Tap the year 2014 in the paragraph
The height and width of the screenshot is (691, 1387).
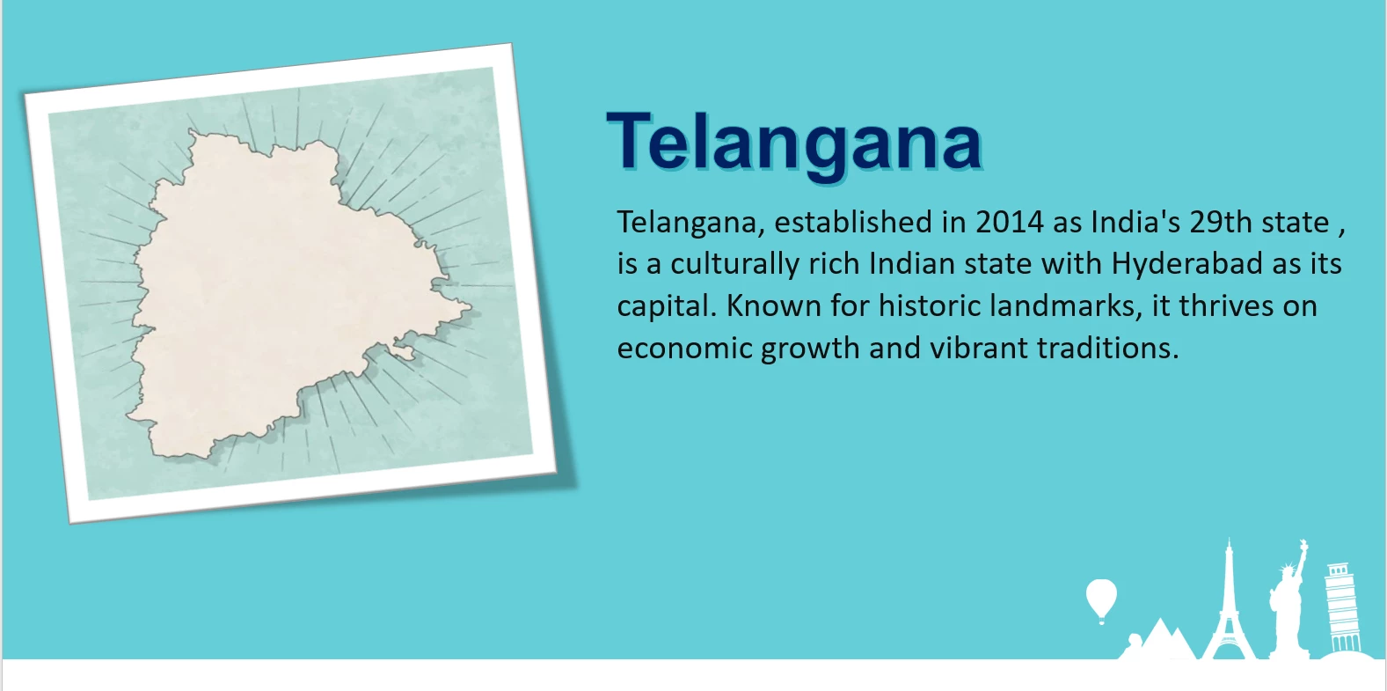tap(1010, 222)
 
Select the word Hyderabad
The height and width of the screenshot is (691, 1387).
tap(1186, 263)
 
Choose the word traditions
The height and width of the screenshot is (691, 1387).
tap(1107, 348)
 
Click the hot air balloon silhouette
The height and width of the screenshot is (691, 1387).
tap(1101, 600)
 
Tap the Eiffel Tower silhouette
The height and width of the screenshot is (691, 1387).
tap(1229, 607)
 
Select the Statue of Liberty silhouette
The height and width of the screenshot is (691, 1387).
tap(1289, 604)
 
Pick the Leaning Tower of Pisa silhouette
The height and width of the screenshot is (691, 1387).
tap(1341, 608)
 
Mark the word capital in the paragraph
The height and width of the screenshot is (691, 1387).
tap(667, 306)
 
